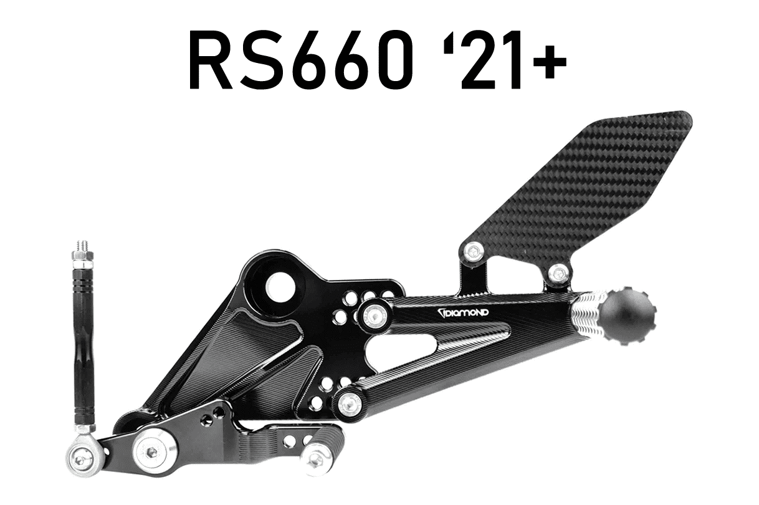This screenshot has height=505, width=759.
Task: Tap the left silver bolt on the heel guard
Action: click(x=474, y=251)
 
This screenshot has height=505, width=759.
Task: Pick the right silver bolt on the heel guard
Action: click(x=558, y=272)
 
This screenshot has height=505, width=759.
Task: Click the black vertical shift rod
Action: click(x=84, y=349)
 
